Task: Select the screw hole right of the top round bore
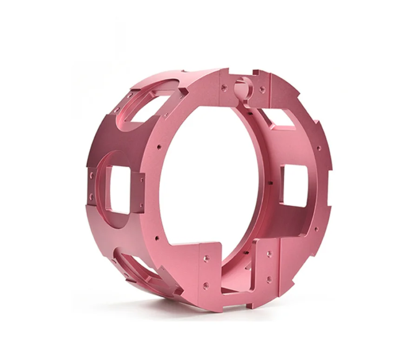[262, 88]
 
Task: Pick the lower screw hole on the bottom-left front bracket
[206, 285]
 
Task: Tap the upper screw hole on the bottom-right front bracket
[268, 254]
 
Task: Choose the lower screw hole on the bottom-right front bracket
[268, 280]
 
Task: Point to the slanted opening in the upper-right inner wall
[280, 122]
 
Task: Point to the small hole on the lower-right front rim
[316, 229]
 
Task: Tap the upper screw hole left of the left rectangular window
[92, 175]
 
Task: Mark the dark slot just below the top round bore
[250, 112]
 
